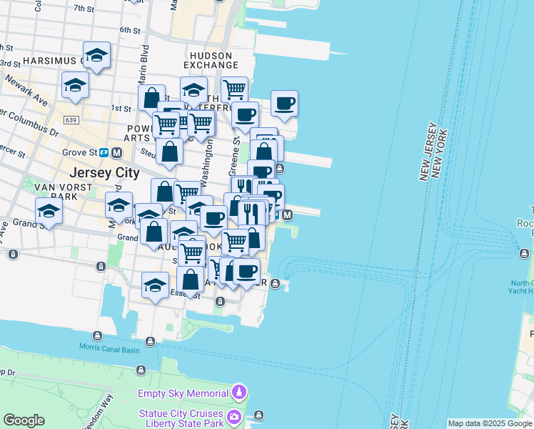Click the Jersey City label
click(x=104, y=172)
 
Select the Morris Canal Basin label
click(x=111, y=347)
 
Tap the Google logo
click(x=24, y=420)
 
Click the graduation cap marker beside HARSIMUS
click(x=96, y=54)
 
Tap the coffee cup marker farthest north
click(x=284, y=103)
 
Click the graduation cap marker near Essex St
click(x=155, y=285)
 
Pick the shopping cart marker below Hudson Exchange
click(x=234, y=89)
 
